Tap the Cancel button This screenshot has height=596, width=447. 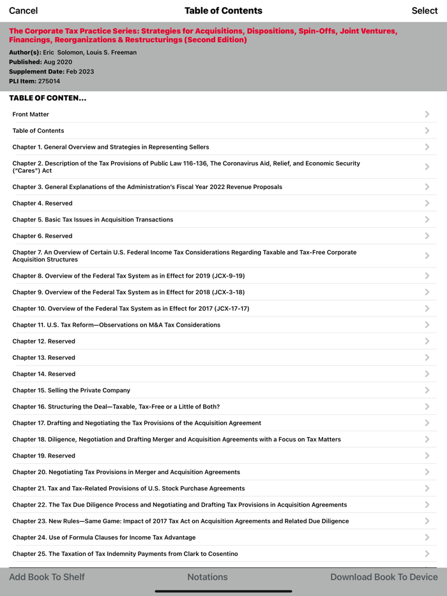23,10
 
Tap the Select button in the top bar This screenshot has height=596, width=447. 425,10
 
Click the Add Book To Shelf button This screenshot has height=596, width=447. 47,577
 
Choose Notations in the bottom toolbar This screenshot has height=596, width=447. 208,577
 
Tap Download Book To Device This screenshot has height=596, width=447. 384,577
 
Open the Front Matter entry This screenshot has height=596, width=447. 31,114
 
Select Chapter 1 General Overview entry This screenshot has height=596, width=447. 110,147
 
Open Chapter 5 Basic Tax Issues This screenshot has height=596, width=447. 93,220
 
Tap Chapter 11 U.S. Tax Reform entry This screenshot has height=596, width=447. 116,325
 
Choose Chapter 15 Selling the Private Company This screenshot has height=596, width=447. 71,390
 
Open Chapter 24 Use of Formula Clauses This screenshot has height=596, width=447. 104,537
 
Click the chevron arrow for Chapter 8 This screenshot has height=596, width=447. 427,276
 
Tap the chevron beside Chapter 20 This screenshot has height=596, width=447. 427,472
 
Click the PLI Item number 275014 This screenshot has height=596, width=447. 49,81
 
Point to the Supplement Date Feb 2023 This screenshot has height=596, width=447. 80,71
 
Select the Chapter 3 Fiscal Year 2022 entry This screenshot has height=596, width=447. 147,187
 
